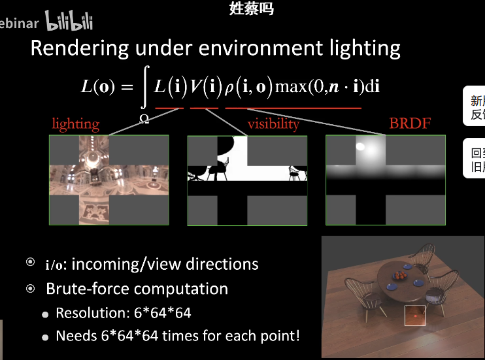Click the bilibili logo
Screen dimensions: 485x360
[x=69, y=22]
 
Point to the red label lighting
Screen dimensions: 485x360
[x=76, y=123]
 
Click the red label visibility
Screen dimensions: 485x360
[x=273, y=123]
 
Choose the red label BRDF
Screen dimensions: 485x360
[x=410, y=123]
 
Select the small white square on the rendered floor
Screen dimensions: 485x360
[x=414, y=315]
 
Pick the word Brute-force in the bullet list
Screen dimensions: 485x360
[x=88, y=289]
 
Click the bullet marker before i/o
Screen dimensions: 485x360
[x=30, y=263]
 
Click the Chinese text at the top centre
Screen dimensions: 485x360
[x=251, y=8]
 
